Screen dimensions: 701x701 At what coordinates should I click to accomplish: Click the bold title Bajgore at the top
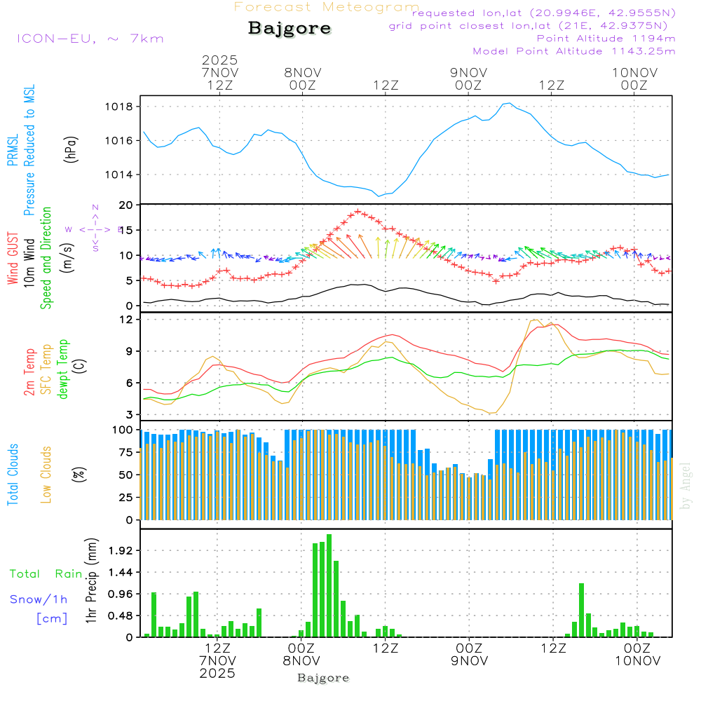tap(290, 29)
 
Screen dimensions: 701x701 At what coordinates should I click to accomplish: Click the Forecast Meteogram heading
tap(327, 7)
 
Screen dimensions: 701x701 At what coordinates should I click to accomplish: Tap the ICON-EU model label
tap(90, 39)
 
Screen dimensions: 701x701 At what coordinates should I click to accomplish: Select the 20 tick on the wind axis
tap(126, 205)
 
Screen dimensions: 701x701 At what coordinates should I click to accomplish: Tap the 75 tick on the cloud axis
tap(126, 452)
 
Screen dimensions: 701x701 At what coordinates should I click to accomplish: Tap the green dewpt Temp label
tap(64, 369)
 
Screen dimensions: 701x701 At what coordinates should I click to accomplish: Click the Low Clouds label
tap(47, 472)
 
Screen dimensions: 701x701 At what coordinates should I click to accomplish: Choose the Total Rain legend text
tap(46, 574)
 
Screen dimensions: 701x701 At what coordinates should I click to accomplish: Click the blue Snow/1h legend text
tap(39, 599)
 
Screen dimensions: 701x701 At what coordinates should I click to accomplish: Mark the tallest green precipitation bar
tap(329, 585)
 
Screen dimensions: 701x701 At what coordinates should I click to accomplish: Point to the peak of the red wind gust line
tap(358, 211)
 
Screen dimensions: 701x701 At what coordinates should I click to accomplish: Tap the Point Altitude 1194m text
tap(606, 38)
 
